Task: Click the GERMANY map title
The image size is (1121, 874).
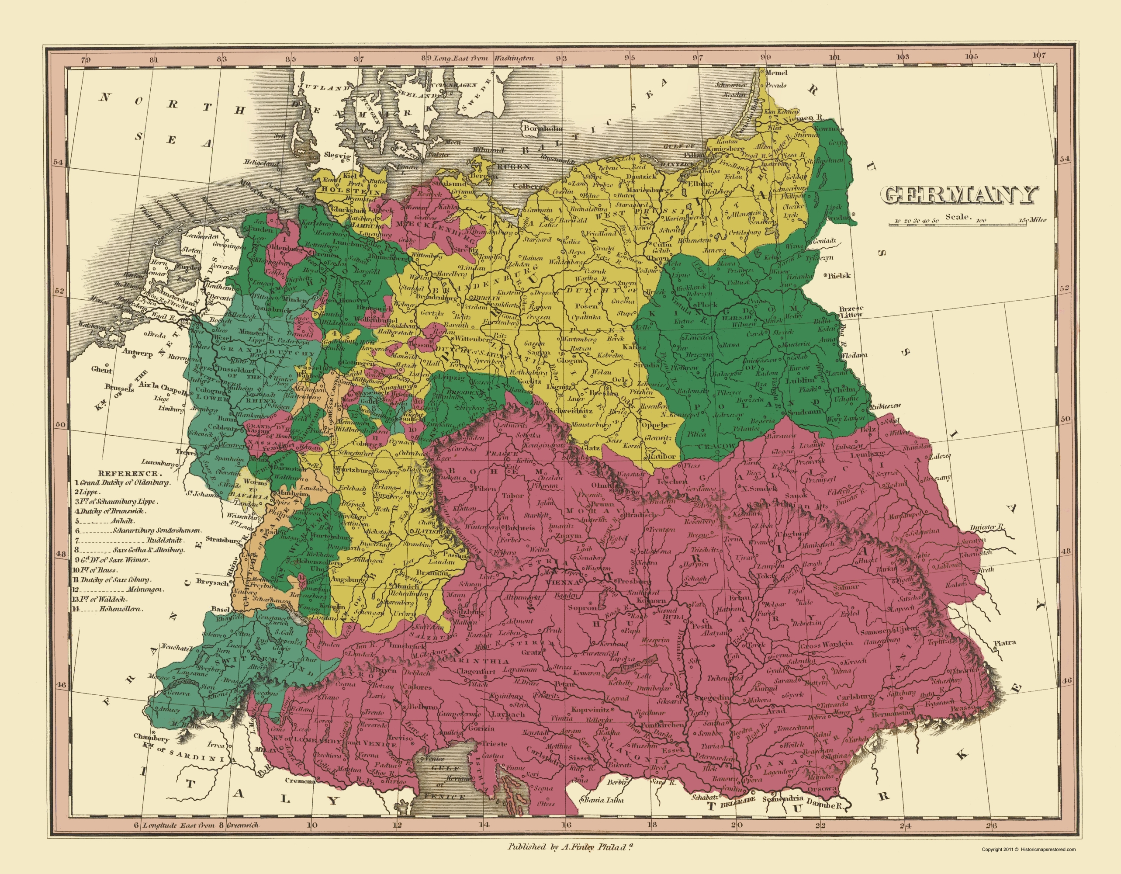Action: click(959, 195)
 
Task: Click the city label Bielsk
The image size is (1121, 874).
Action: click(839, 276)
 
